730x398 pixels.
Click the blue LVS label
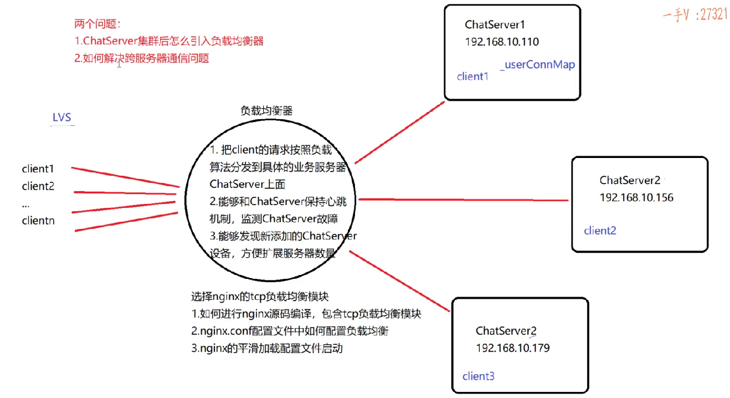(x=62, y=118)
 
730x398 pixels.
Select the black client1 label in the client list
(x=38, y=169)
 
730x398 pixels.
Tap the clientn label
(x=38, y=221)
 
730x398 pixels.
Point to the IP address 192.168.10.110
(x=502, y=42)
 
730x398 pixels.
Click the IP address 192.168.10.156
(x=636, y=197)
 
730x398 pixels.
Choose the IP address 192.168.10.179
(x=512, y=348)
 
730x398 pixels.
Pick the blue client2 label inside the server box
(x=600, y=231)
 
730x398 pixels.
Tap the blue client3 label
(x=479, y=376)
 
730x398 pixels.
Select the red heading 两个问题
(x=97, y=24)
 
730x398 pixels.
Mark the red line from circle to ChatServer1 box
(x=400, y=132)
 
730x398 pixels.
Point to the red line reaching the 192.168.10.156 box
(x=463, y=200)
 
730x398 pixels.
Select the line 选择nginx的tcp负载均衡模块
(x=263, y=296)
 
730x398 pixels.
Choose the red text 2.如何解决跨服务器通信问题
(x=142, y=58)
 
